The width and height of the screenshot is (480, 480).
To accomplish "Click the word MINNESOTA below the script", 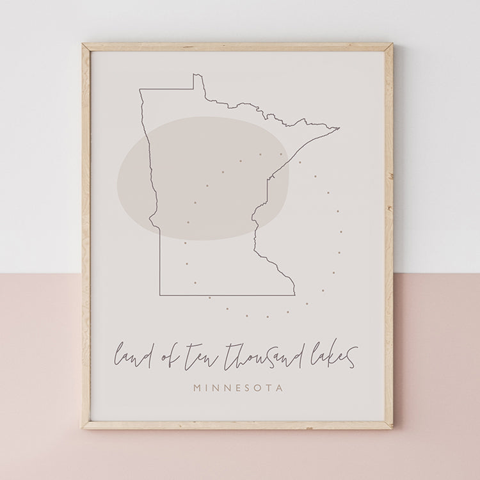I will tap(238, 388).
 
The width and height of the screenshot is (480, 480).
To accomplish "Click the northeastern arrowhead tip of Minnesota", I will tap(339, 128).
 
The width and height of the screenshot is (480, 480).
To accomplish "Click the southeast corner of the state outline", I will tap(294, 295).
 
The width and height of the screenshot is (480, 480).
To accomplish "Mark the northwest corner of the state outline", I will tap(140, 90).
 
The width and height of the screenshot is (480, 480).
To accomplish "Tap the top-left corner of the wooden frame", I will tap(83, 44).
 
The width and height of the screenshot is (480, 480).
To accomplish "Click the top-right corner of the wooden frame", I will tap(392, 44).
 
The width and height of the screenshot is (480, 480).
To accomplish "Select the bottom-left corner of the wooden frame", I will tap(83, 428).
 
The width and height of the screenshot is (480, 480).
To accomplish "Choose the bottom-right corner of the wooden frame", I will tap(392, 428).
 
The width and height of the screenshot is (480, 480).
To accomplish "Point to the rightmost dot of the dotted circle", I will tap(342, 232).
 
